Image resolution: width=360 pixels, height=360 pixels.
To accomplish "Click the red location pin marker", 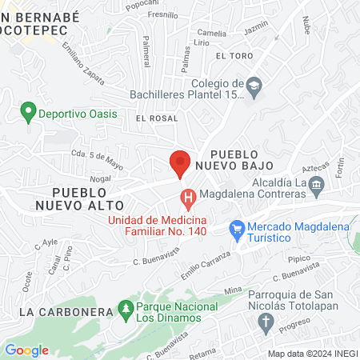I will (180, 162).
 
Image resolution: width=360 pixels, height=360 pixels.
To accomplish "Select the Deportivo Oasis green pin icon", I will (29, 114).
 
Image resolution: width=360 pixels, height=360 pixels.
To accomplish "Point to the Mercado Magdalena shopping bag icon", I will (237, 228).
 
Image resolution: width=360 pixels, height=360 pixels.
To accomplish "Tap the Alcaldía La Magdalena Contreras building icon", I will (318, 186).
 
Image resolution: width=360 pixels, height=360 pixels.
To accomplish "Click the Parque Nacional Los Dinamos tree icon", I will (125, 308).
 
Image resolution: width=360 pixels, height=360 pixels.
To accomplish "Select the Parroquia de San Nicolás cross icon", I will (265, 322).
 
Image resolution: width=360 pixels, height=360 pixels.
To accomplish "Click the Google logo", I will (26, 350).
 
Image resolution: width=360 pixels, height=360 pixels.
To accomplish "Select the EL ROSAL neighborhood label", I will (155, 118).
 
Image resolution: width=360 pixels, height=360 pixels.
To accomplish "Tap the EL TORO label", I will (234, 56).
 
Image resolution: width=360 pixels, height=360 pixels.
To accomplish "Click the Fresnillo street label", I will (163, 14).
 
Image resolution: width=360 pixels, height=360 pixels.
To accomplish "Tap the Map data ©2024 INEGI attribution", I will (311, 354).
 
